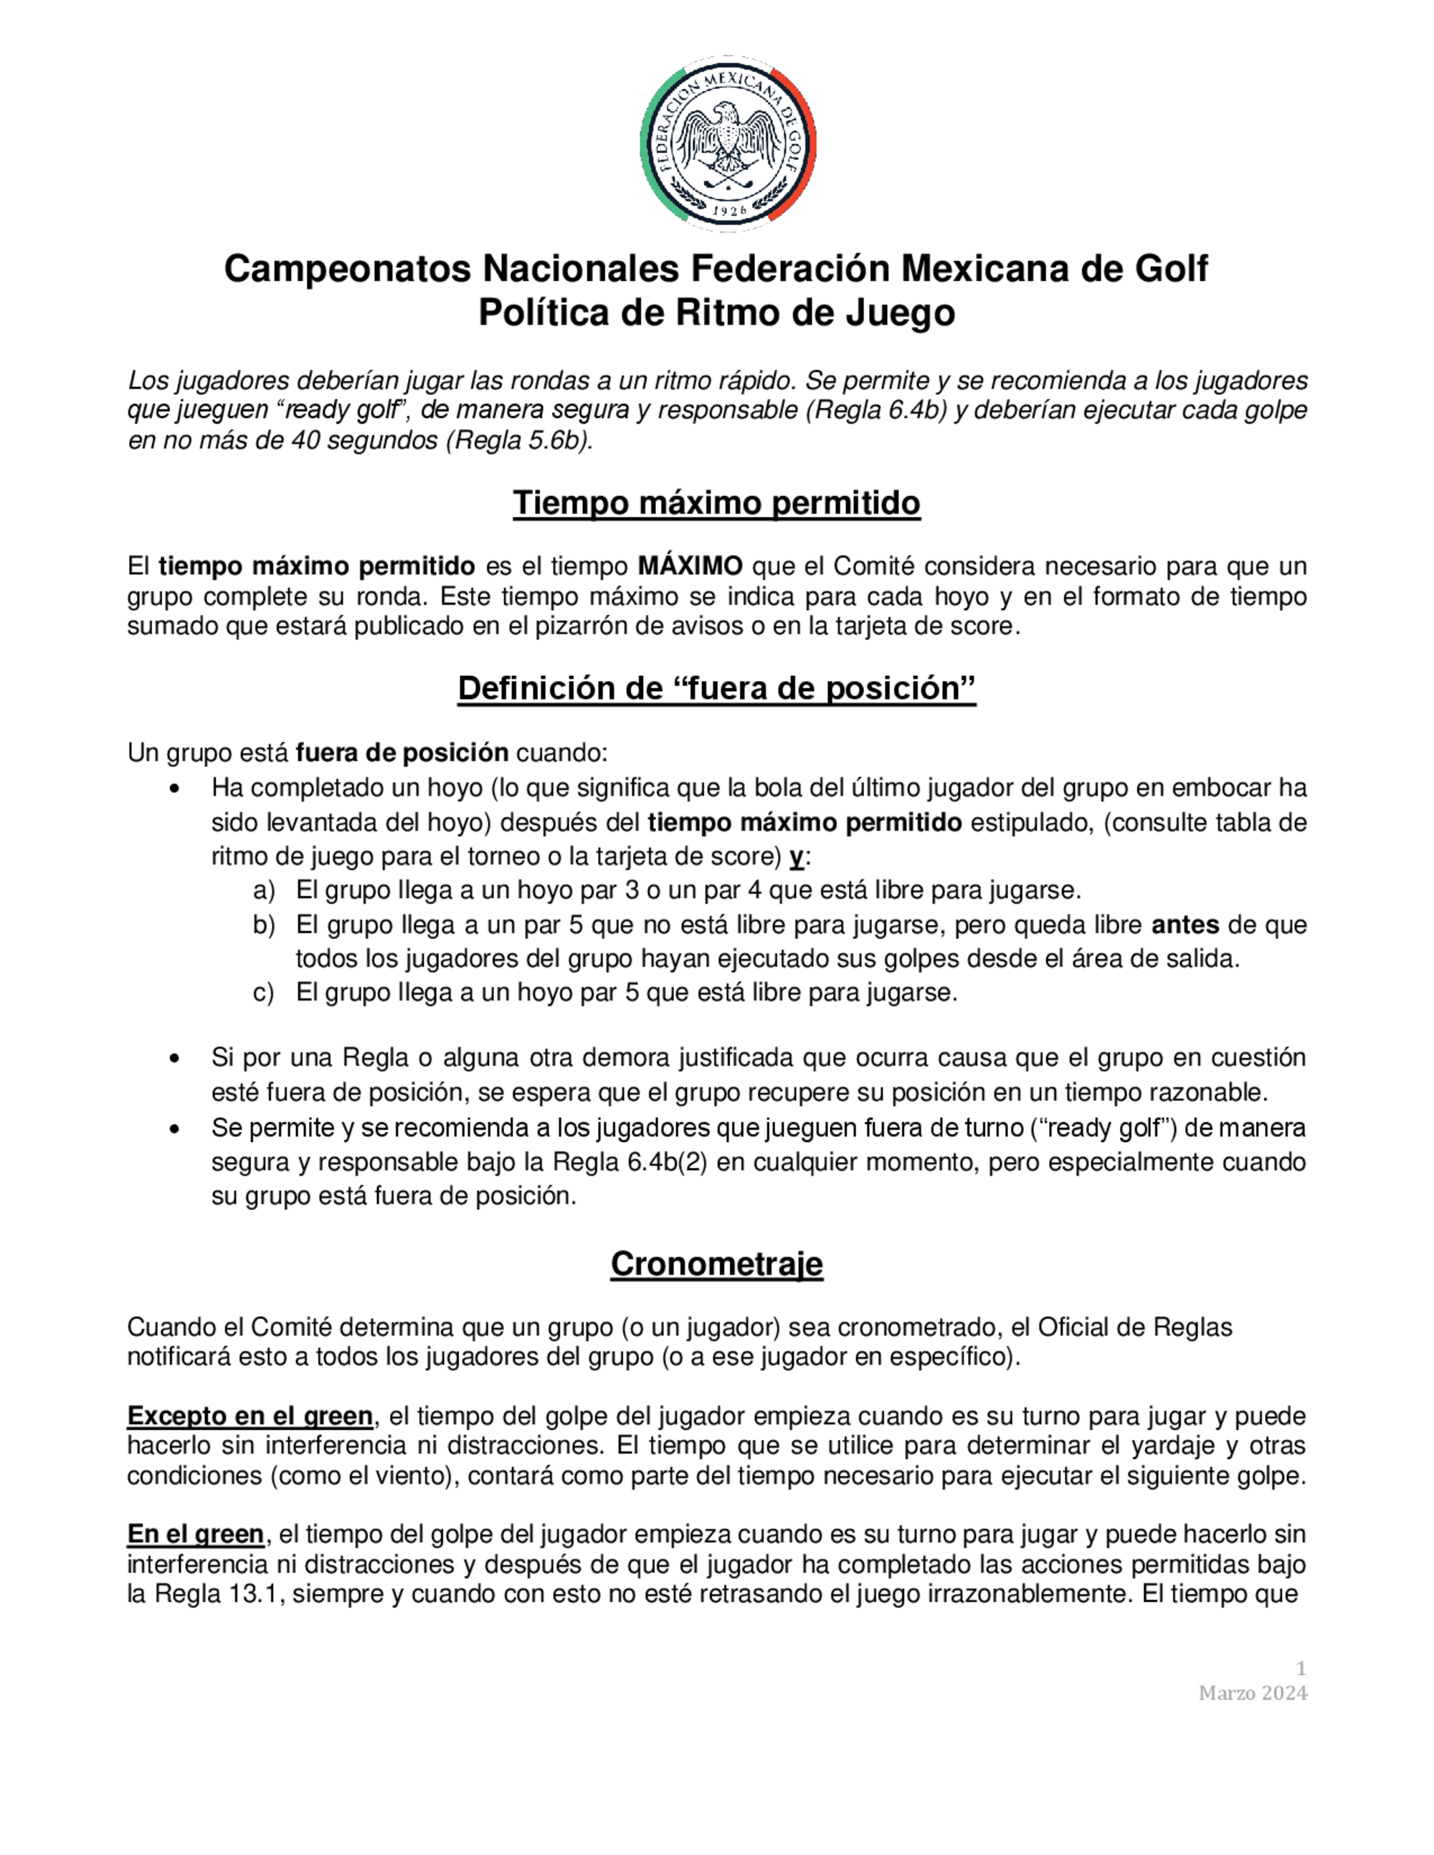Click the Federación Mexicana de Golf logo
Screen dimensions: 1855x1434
coord(728,143)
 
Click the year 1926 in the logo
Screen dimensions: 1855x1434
coord(728,210)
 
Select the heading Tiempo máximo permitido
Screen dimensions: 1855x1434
coord(716,503)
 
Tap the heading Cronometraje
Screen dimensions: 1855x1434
coord(716,1264)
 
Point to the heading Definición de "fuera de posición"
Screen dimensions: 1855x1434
coord(716,688)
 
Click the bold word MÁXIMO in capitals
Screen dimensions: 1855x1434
coord(690,566)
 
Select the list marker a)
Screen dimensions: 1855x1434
coord(264,890)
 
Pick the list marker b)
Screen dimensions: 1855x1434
coord(264,924)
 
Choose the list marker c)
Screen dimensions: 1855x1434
coord(264,992)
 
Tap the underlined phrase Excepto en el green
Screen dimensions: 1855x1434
coord(250,1416)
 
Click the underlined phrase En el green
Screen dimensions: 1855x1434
coord(196,1534)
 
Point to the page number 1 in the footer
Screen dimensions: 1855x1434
coord(1301,1668)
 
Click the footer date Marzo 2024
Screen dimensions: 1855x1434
coord(1253,1693)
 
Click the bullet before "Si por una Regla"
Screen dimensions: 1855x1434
coord(174,1058)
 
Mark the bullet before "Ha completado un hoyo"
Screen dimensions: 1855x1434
coord(174,789)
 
